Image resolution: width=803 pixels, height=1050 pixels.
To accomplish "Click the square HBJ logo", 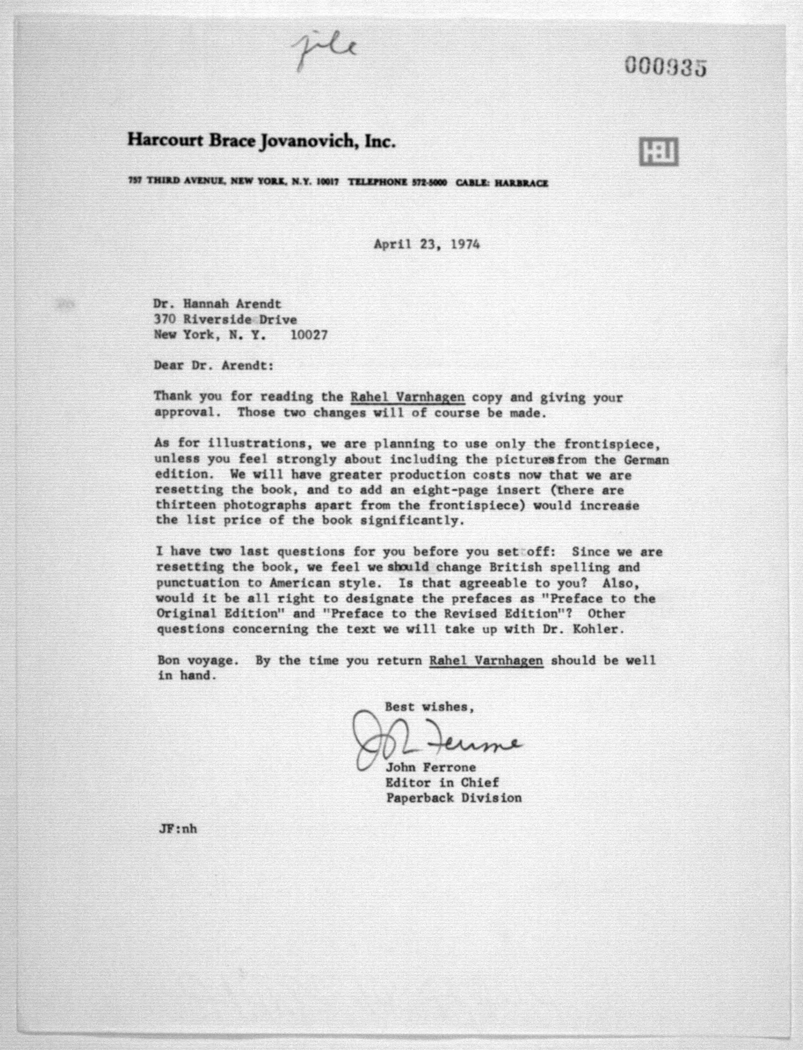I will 659,152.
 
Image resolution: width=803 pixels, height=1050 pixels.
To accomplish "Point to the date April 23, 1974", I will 426,244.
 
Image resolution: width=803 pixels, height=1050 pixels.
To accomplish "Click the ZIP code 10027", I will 309,335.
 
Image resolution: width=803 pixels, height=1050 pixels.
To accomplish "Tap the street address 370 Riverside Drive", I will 225,319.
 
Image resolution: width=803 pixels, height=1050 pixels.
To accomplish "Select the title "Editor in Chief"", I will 442,783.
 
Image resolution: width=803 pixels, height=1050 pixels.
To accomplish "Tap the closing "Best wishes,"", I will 429,707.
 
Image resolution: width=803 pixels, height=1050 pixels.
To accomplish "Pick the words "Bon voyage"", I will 197,660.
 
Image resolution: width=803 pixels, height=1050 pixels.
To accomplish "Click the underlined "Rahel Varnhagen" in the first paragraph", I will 407,397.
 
